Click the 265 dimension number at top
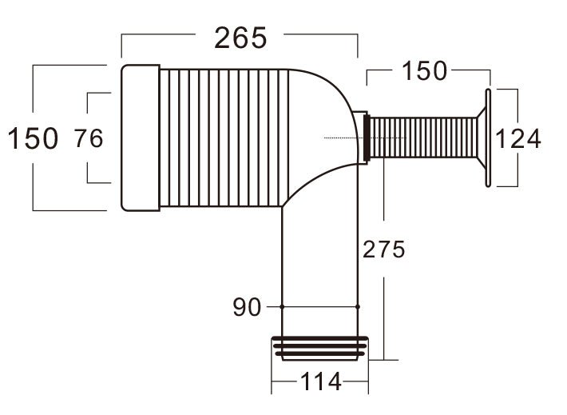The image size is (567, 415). tap(240, 38)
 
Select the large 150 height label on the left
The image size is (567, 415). tap(33, 138)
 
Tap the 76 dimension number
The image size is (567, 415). tap(89, 138)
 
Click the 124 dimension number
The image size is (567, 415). tap(517, 138)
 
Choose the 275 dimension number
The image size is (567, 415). tap(384, 249)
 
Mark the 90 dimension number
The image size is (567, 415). tap(247, 306)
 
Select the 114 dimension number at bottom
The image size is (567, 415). tap(320, 382)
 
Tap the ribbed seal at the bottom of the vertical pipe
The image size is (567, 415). tap(319, 347)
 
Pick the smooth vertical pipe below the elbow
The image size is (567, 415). tap(319, 264)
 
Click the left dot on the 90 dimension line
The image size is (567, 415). tap(282, 306)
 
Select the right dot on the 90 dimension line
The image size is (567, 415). tap(357, 306)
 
